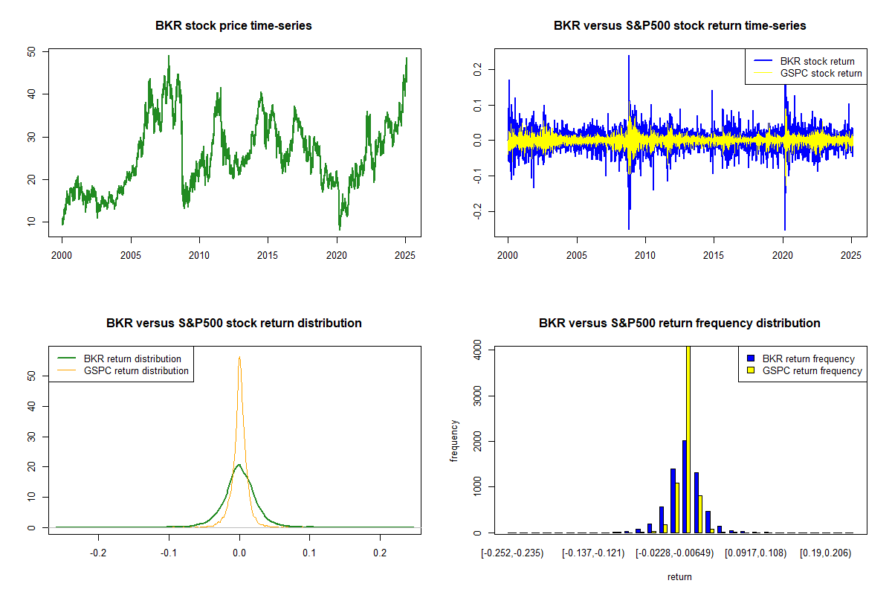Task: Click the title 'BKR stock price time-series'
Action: [233, 26]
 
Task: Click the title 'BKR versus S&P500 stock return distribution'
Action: [233, 324]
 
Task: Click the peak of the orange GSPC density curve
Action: [239, 357]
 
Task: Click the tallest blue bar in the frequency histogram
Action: [684, 486]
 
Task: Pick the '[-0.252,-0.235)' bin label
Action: [512, 553]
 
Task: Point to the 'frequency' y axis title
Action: [456, 440]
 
